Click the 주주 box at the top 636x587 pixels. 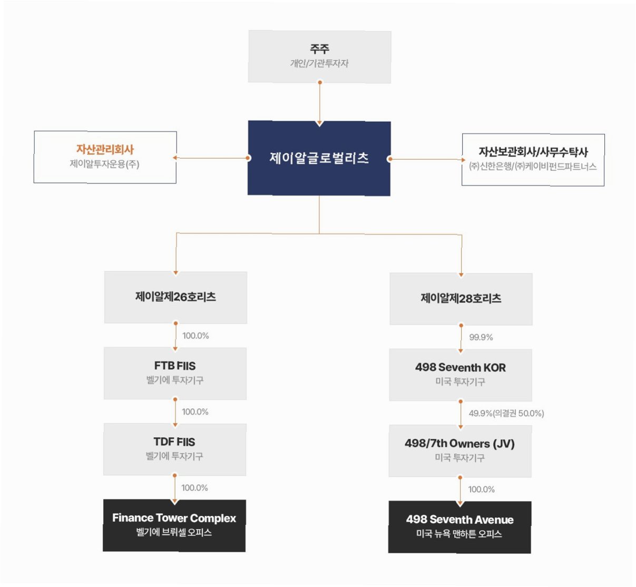pyautogui.click(x=319, y=56)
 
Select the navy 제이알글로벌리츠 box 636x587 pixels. pyautogui.click(x=319, y=158)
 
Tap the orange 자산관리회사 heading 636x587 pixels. pyautogui.click(x=105, y=150)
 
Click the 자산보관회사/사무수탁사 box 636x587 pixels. pyautogui.click(x=533, y=160)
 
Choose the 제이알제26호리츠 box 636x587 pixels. pyautogui.click(x=175, y=297)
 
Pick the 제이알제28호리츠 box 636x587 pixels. pyautogui.click(x=461, y=299)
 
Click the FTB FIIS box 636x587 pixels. pyautogui.click(x=175, y=373)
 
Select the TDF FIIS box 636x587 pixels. pyautogui.click(x=174, y=449)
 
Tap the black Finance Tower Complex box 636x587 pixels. pyautogui.click(x=174, y=525)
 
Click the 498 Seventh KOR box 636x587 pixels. pyautogui.click(x=461, y=374)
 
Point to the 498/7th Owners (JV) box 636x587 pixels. pyautogui.click(x=460, y=451)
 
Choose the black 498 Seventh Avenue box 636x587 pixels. pyautogui.click(x=459, y=526)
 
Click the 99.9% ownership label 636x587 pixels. pyautogui.click(x=481, y=337)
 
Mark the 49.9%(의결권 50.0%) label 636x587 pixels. pyautogui.click(x=506, y=414)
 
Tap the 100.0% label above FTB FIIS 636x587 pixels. pyautogui.click(x=195, y=336)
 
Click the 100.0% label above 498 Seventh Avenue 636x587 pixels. pyautogui.click(x=482, y=490)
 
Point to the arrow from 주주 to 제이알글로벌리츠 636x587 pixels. pyautogui.click(x=319, y=103)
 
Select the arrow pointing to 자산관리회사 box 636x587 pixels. pyautogui.click(x=211, y=158)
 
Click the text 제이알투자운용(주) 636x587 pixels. pyautogui.click(x=104, y=164)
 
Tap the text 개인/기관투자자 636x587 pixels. pyautogui.click(x=319, y=64)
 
